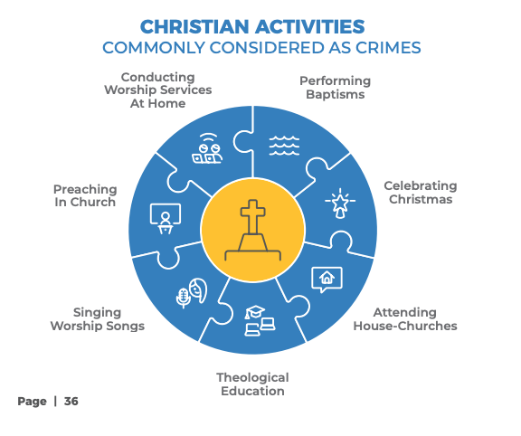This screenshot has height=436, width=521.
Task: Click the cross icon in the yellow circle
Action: [253, 230]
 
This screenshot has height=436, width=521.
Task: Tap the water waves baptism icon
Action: [284, 146]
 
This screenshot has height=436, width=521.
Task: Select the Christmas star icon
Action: [340, 203]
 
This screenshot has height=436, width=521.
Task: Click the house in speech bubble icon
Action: [327, 280]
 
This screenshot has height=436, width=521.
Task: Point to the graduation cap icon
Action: [255, 312]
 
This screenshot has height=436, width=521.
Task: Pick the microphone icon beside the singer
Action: [183, 299]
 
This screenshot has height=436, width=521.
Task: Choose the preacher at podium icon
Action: [166, 219]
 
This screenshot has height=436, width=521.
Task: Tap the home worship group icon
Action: [207, 148]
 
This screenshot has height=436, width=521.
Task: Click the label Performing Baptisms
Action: [336, 88]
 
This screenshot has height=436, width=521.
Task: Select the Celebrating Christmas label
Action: [421, 193]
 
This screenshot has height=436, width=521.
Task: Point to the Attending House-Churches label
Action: [405, 319]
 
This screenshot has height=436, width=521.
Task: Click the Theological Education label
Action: [252, 384]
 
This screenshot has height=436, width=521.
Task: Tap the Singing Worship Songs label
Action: [98, 319]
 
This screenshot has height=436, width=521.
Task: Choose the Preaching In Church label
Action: [85, 195]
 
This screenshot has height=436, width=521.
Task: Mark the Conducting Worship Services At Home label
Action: [157, 90]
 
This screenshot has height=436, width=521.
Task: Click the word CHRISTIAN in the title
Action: [194, 26]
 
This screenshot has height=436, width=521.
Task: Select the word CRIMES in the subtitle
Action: [388, 48]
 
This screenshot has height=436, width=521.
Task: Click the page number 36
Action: [71, 401]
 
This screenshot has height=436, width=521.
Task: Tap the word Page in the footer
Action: [32, 402]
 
